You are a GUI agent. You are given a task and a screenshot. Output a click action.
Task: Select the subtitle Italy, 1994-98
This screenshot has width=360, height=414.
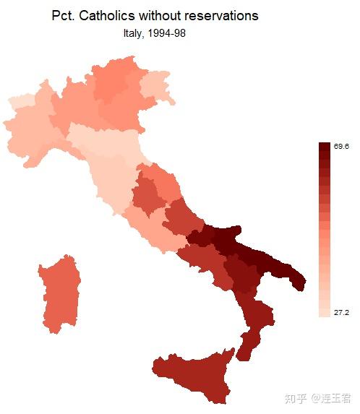155,33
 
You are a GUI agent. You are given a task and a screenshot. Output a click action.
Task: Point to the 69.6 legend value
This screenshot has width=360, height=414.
341,147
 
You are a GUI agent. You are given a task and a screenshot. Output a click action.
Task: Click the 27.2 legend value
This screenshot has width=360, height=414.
341,312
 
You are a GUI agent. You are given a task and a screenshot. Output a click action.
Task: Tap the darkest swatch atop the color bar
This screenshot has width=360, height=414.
324,147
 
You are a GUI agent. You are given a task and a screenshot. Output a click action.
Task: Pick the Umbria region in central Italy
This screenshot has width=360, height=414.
149,195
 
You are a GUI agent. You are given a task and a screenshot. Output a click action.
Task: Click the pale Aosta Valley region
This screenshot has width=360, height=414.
20,101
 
